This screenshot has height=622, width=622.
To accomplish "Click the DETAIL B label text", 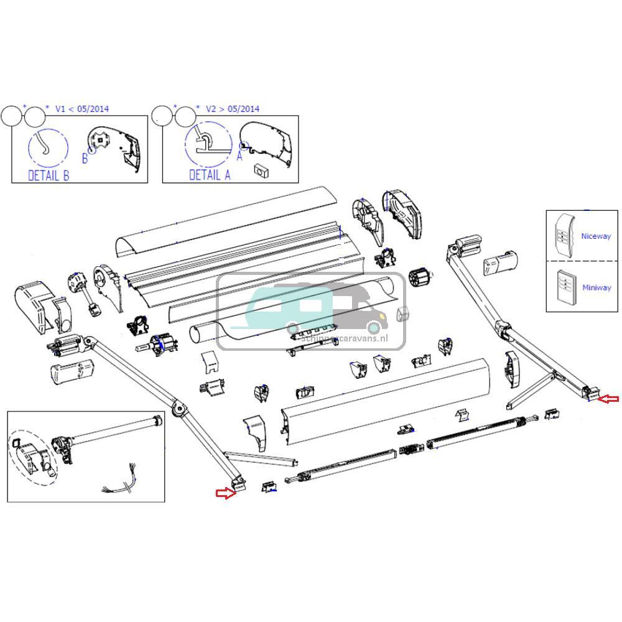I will pos(49,175).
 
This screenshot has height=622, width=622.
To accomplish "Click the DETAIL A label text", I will pos(210,175).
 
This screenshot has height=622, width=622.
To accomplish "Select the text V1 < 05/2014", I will pos(81,109).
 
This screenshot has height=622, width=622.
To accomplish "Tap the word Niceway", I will pos(596,236).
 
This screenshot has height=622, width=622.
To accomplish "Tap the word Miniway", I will pos(596,287).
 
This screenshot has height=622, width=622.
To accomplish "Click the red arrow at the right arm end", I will pos(608,399).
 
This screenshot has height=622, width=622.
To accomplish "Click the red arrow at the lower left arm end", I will pos(225,493).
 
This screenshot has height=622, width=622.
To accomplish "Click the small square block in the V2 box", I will pos(260,169).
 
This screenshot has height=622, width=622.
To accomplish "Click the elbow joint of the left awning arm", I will pos(180,409).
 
